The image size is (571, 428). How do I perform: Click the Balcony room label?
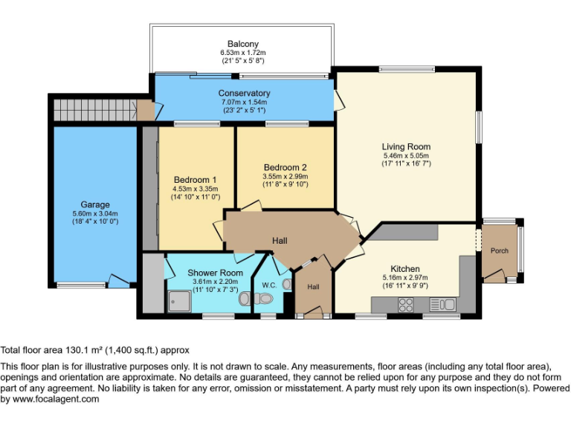click(x=243, y=44)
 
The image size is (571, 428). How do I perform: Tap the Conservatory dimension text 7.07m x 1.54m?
click(x=244, y=102)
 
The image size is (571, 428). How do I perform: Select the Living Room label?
click(x=407, y=146)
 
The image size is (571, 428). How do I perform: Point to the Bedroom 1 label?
click(x=195, y=180)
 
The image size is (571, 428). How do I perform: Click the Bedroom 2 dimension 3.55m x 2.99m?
click(x=285, y=176)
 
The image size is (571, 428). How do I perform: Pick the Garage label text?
click(x=95, y=204)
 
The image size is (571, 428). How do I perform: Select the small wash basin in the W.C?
click(x=287, y=283)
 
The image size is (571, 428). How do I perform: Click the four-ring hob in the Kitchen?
click(x=407, y=304)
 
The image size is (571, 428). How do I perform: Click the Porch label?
click(x=500, y=250)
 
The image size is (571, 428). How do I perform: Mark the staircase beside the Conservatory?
click(x=94, y=110)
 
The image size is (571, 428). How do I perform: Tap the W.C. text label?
click(x=269, y=285)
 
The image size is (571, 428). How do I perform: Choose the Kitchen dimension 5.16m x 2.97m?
click(x=405, y=278)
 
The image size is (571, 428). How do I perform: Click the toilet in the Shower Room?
click(x=245, y=299)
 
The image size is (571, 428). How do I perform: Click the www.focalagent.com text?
click(x=57, y=399)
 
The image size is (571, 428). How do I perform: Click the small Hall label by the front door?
click(x=314, y=287)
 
